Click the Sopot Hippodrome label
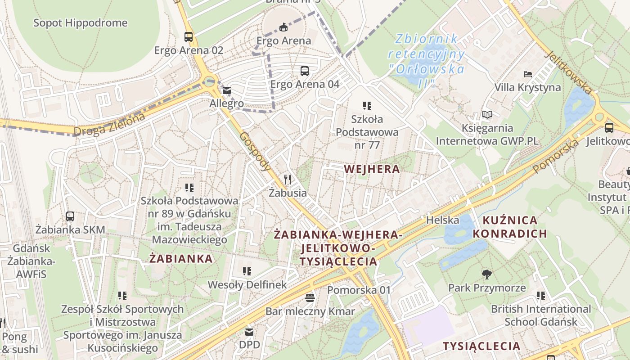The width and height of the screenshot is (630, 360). pyautogui.click(x=81, y=23)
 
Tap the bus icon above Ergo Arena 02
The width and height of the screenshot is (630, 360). pyautogui.click(x=189, y=37)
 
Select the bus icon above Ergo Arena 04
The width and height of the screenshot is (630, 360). pyautogui.click(x=305, y=71)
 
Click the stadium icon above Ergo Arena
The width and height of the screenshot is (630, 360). pyautogui.click(x=283, y=27)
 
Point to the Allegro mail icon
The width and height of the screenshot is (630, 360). pyautogui.click(x=226, y=91)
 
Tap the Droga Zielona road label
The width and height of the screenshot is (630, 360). pyautogui.click(x=110, y=125)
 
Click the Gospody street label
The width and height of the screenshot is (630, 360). pyautogui.click(x=255, y=151)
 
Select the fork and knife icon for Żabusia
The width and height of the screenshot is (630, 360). pyautogui.click(x=288, y=180)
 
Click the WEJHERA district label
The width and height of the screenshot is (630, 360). pyautogui.click(x=372, y=169)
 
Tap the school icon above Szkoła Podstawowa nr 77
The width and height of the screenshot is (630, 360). pyautogui.click(x=367, y=106)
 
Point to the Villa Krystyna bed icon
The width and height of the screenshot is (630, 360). pyautogui.click(x=528, y=74)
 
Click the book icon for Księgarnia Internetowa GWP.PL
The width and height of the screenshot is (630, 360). pyautogui.click(x=487, y=114)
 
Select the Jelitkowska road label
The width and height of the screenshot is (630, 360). pyautogui.click(x=569, y=72)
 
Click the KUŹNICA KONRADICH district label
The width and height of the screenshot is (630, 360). pyautogui.click(x=510, y=227)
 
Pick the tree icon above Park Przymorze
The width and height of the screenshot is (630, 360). pyautogui.click(x=486, y=274)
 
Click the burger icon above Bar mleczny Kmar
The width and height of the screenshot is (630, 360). pyautogui.click(x=310, y=297)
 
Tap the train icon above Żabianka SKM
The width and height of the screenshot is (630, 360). pyautogui.click(x=70, y=216)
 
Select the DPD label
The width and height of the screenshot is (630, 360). pyautogui.click(x=249, y=345)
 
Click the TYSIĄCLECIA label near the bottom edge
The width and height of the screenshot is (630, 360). pyautogui.click(x=481, y=346)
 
